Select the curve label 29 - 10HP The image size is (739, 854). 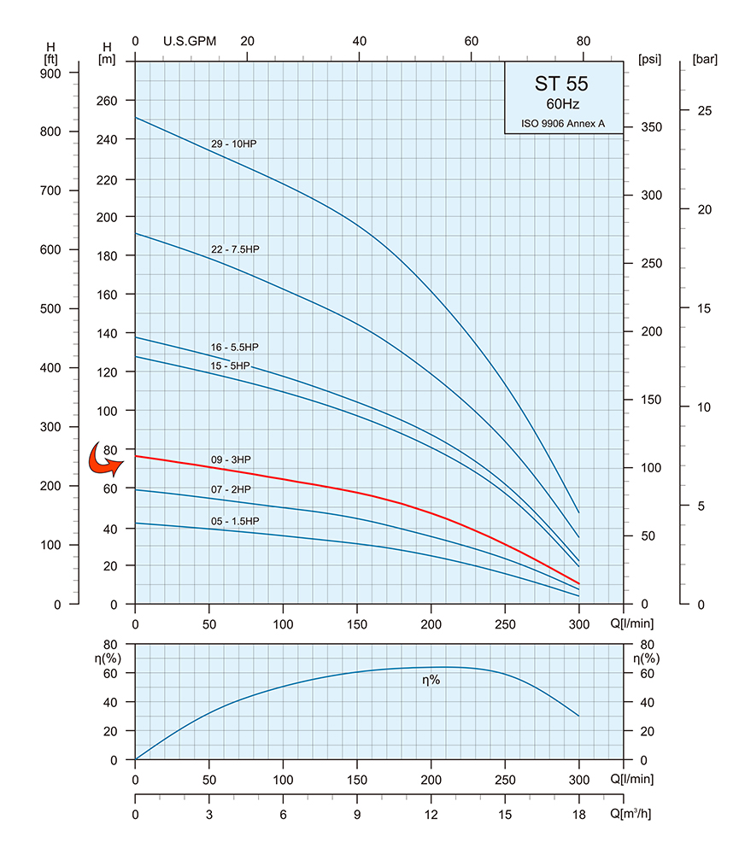click(x=234, y=143)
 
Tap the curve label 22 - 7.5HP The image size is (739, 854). click(x=236, y=249)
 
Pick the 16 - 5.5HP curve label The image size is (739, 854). click(x=235, y=347)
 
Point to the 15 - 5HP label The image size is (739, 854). click(x=231, y=366)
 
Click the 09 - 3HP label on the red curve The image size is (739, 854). click(x=231, y=459)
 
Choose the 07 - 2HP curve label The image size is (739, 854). click(x=231, y=489)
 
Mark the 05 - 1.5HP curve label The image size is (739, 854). click(x=236, y=521)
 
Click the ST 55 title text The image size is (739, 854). click(x=561, y=84)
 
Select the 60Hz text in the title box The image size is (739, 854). click(x=563, y=104)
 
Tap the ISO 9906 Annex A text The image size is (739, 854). click(x=563, y=124)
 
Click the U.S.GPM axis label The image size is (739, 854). click(x=190, y=41)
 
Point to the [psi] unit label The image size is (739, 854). click(x=649, y=59)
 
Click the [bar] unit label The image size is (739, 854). click(x=705, y=59)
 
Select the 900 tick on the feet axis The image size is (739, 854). click(x=50, y=73)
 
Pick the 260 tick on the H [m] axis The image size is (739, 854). click(x=107, y=101)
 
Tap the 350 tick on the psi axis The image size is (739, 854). click(x=651, y=127)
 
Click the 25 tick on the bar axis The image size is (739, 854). click(x=705, y=111)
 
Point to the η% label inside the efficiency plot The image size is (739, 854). click(x=431, y=680)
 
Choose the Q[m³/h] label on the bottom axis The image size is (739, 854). click(x=630, y=814)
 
